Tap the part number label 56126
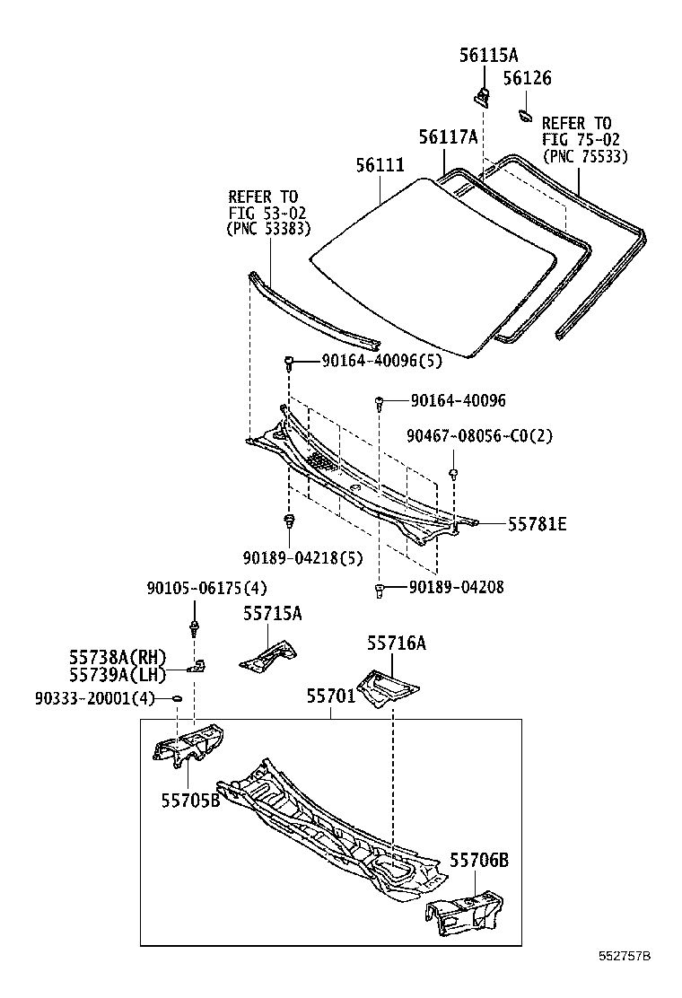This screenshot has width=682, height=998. [x=527, y=79]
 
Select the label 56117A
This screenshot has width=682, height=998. [x=448, y=137]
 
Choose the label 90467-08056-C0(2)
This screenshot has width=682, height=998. [x=479, y=436]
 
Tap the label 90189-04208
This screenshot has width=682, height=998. [x=456, y=588]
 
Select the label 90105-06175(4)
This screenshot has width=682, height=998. [x=206, y=589]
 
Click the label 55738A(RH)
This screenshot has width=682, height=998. [x=118, y=658]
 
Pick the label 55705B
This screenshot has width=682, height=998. [x=190, y=800]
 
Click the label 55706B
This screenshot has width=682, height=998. [x=479, y=862]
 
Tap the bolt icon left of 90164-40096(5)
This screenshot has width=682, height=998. [x=290, y=363]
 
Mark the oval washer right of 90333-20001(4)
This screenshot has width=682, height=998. [x=177, y=698]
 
